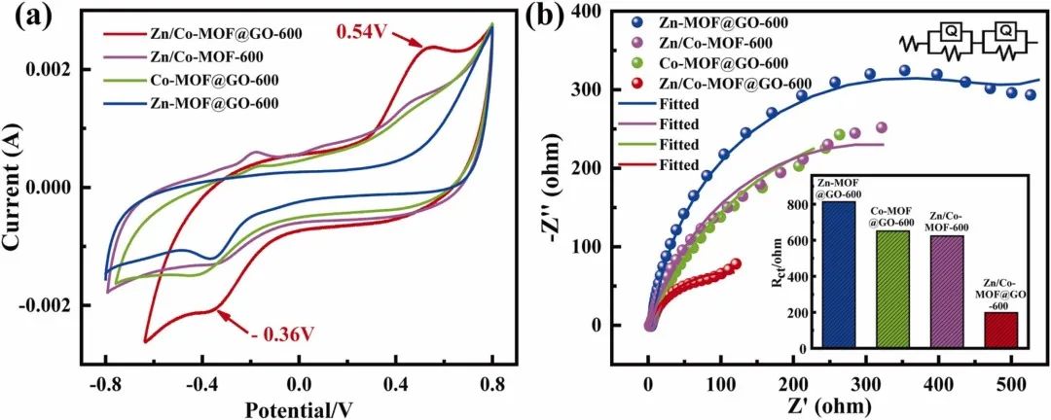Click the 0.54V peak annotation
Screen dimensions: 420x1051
(363, 32)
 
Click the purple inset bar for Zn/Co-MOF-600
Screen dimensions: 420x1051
(947, 292)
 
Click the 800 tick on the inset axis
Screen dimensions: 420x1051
(807, 205)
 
